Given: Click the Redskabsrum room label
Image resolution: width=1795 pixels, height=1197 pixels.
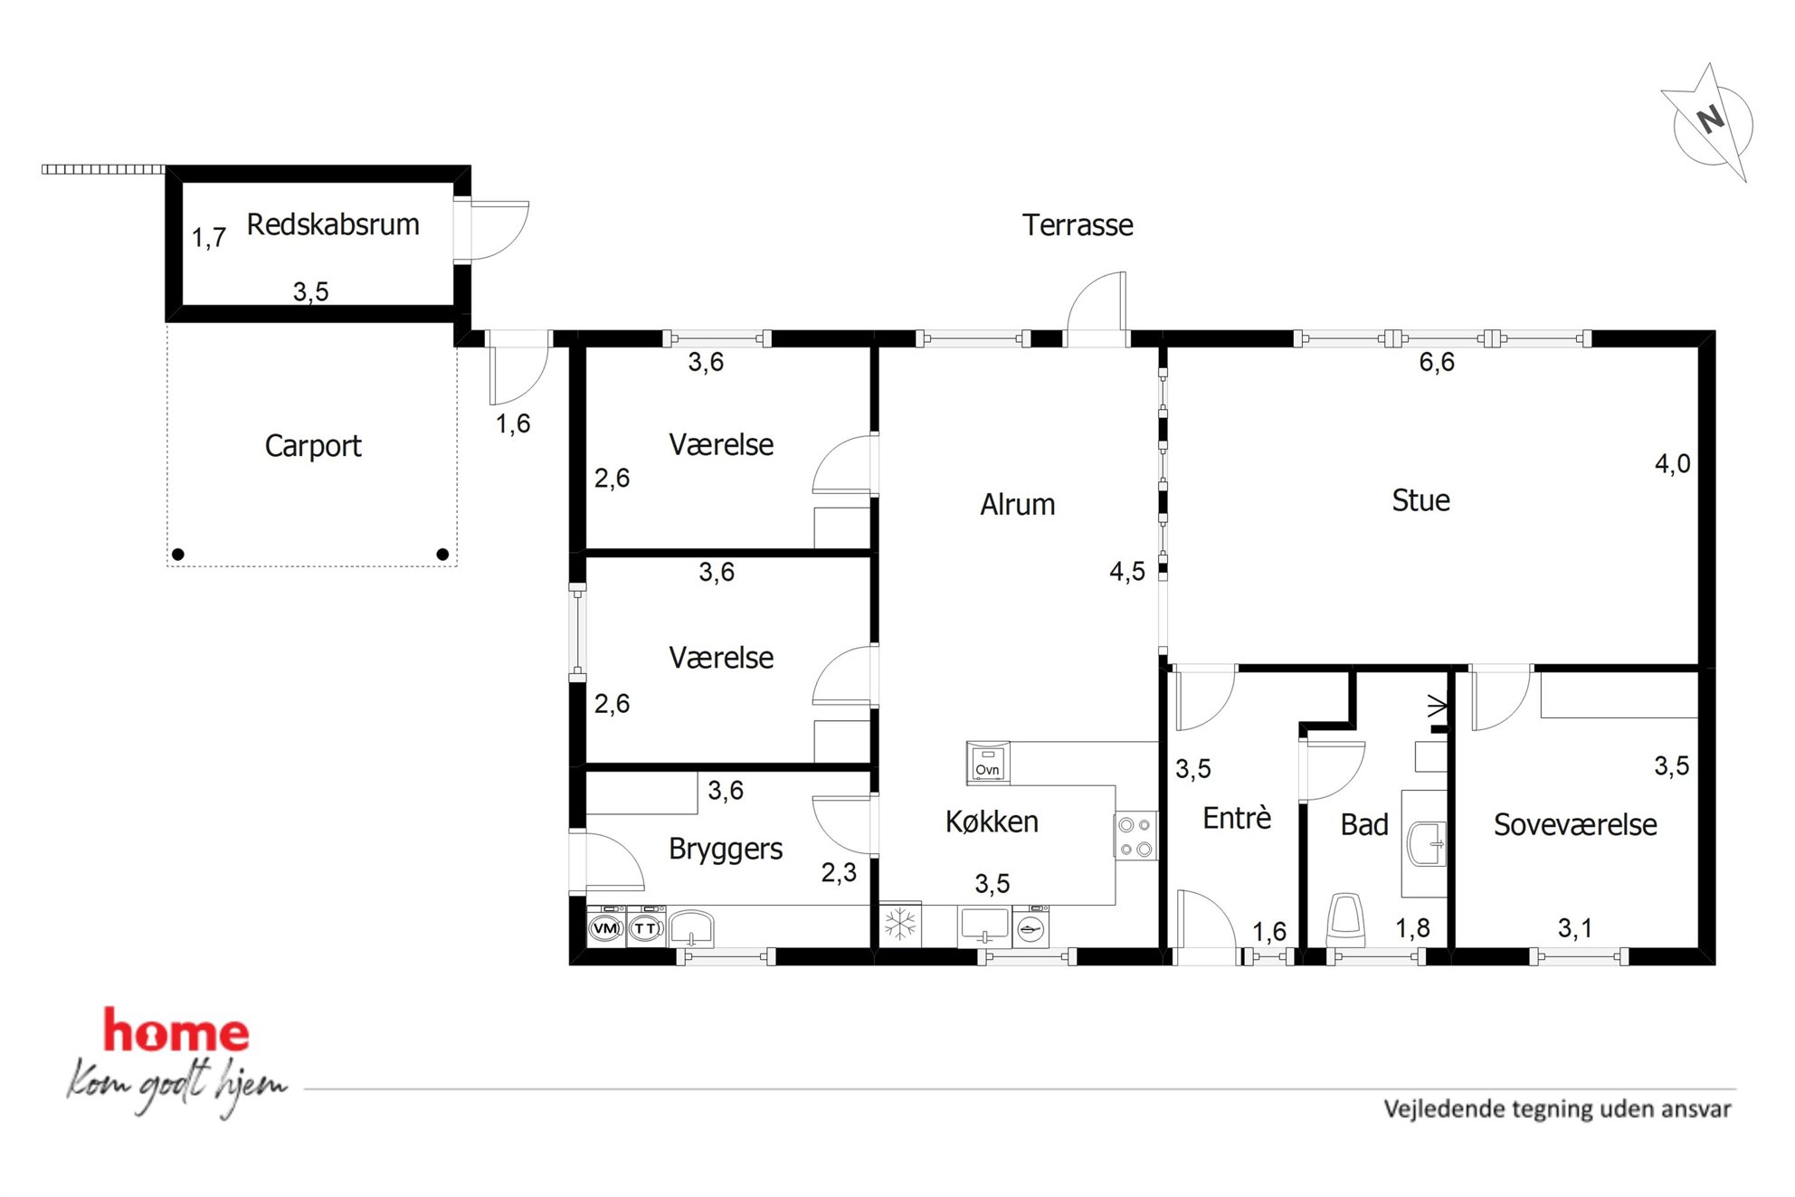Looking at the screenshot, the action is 333,224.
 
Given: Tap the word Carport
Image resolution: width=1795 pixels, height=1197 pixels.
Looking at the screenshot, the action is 313,446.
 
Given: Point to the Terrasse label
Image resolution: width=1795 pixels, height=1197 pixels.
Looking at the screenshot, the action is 1078,225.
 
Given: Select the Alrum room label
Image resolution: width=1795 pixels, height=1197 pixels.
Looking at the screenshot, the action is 1018,505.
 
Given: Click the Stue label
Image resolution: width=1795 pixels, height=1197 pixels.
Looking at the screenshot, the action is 1420,500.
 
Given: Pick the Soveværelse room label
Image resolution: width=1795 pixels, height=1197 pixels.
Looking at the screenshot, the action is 1575,825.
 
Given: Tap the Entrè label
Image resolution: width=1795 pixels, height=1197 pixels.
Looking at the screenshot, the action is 1237,818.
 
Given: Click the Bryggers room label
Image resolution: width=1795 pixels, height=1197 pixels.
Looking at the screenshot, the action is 726,850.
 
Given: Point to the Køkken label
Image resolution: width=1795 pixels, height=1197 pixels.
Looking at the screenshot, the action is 992,822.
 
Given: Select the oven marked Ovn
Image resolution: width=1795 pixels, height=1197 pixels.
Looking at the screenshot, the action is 987,763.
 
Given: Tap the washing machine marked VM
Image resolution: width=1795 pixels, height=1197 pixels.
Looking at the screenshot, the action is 605,927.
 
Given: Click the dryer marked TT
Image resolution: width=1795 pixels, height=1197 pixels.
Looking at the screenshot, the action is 646,927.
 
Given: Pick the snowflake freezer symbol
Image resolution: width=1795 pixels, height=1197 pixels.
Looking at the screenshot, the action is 900,925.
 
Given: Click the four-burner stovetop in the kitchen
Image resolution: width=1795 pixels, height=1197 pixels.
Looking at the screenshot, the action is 1135,836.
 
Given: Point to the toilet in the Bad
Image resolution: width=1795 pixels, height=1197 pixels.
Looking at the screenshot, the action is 1345,919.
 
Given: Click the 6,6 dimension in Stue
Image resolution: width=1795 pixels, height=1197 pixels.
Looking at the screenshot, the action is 1436,363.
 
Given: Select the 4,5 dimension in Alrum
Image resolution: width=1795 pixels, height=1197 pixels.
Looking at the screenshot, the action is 1127,572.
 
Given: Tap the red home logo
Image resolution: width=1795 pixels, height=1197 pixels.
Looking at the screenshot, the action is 176,1031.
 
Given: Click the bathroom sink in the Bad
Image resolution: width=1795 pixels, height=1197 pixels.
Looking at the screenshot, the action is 1427,843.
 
